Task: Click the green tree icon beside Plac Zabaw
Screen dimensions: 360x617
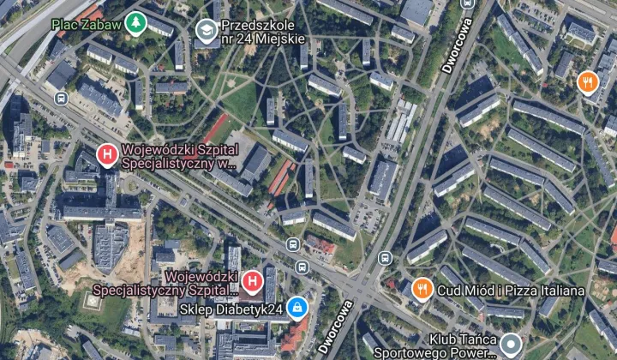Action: click(x=135, y=23)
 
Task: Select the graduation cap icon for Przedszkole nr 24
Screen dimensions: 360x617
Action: click(x=206, y=32)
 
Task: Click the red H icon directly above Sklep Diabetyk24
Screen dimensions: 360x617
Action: click(x=252, y=280)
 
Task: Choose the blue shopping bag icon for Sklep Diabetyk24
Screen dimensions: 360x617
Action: click(x=297, y=308)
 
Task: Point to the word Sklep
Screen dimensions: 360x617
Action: click(x=196, y=309)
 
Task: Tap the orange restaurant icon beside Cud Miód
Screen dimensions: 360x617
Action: click(x=421, y=289)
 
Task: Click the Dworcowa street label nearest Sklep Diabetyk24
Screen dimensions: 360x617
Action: click(x=334, y=327)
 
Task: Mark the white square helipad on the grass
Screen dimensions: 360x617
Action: click(x=93, y=302)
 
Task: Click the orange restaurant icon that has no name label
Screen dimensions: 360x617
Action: click(x=587, y=82)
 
